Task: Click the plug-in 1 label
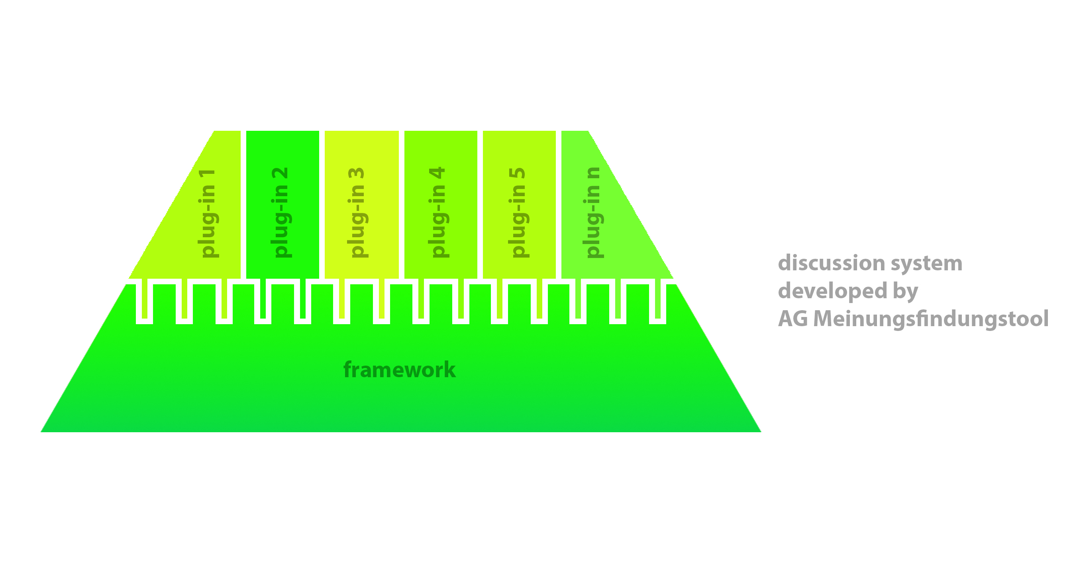208,213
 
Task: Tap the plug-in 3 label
357,213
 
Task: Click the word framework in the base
399,370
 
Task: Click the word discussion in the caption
831,263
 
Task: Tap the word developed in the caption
832,291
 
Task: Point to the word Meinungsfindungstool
931,319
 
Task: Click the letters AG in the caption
793,319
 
